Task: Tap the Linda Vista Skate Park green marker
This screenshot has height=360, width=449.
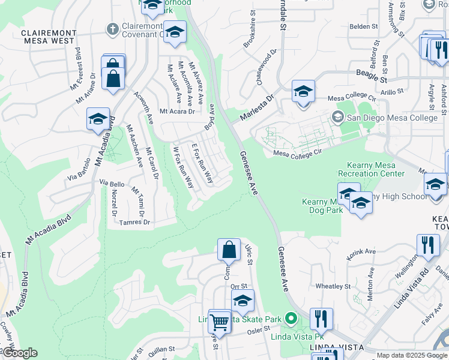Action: (x=292, y=318)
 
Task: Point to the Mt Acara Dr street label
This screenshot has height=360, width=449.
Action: (x=177, y=111)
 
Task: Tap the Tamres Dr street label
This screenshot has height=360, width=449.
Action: (x=134, y=222)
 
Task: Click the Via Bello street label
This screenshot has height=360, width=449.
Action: (x=112, y=183)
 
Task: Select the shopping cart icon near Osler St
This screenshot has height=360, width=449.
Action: (x=220, y=323)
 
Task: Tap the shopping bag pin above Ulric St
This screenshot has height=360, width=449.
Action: (x=229, y=250)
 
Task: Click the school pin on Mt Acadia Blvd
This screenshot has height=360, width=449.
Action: (x=98, y=119)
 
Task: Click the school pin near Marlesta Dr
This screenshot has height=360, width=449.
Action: (x=304, y=92)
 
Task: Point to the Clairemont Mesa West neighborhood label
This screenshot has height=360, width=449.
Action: (x=49, y=38)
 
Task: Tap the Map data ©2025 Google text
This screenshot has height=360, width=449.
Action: (x=412, y=356)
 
